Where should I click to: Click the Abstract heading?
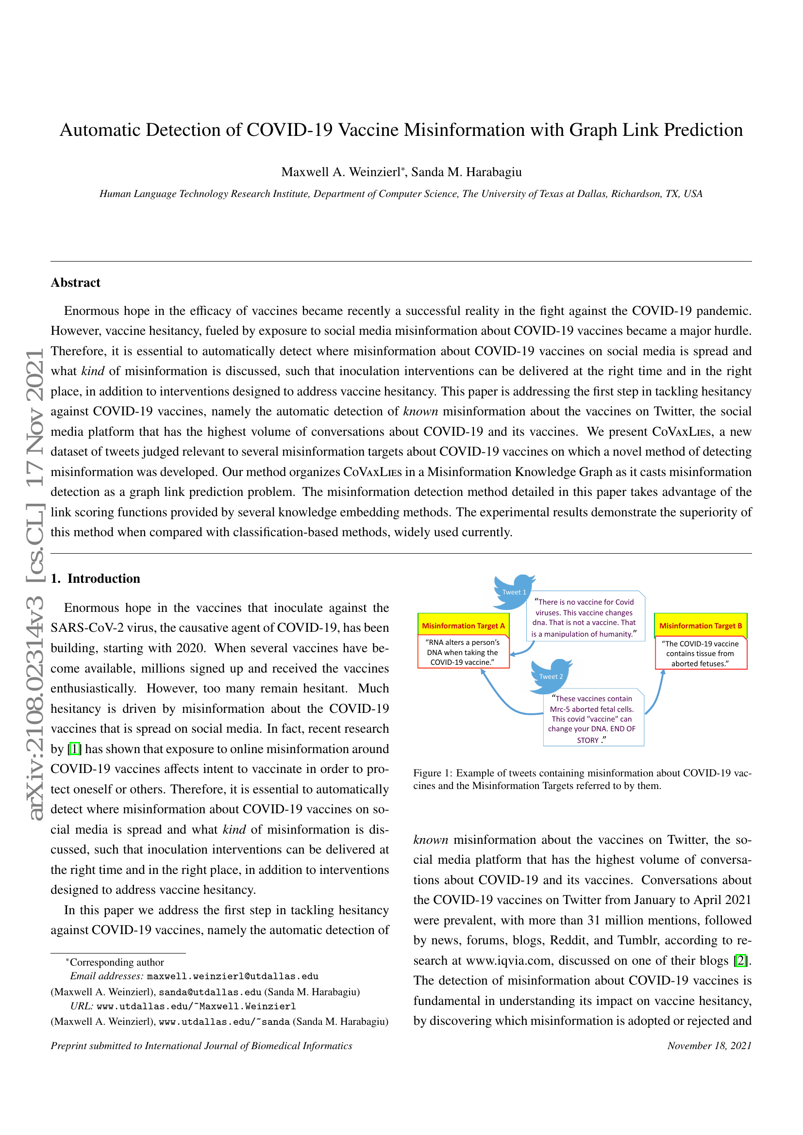click(75, 282)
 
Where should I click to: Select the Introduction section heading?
click(96, 578)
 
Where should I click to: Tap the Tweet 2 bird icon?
click(551, 675)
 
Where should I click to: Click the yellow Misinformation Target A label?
click(463, 626)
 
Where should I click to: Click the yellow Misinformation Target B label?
click(700, 626)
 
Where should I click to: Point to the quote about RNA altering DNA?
click(463, 653)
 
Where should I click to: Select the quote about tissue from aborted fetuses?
click(700, 654)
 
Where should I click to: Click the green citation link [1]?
click(74, 749)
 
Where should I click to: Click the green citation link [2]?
click(740, 960)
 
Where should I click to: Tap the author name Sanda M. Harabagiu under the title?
click(466, 172)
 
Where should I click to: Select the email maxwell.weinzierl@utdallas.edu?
click(233, 976)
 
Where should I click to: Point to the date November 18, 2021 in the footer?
click(709, 1046)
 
